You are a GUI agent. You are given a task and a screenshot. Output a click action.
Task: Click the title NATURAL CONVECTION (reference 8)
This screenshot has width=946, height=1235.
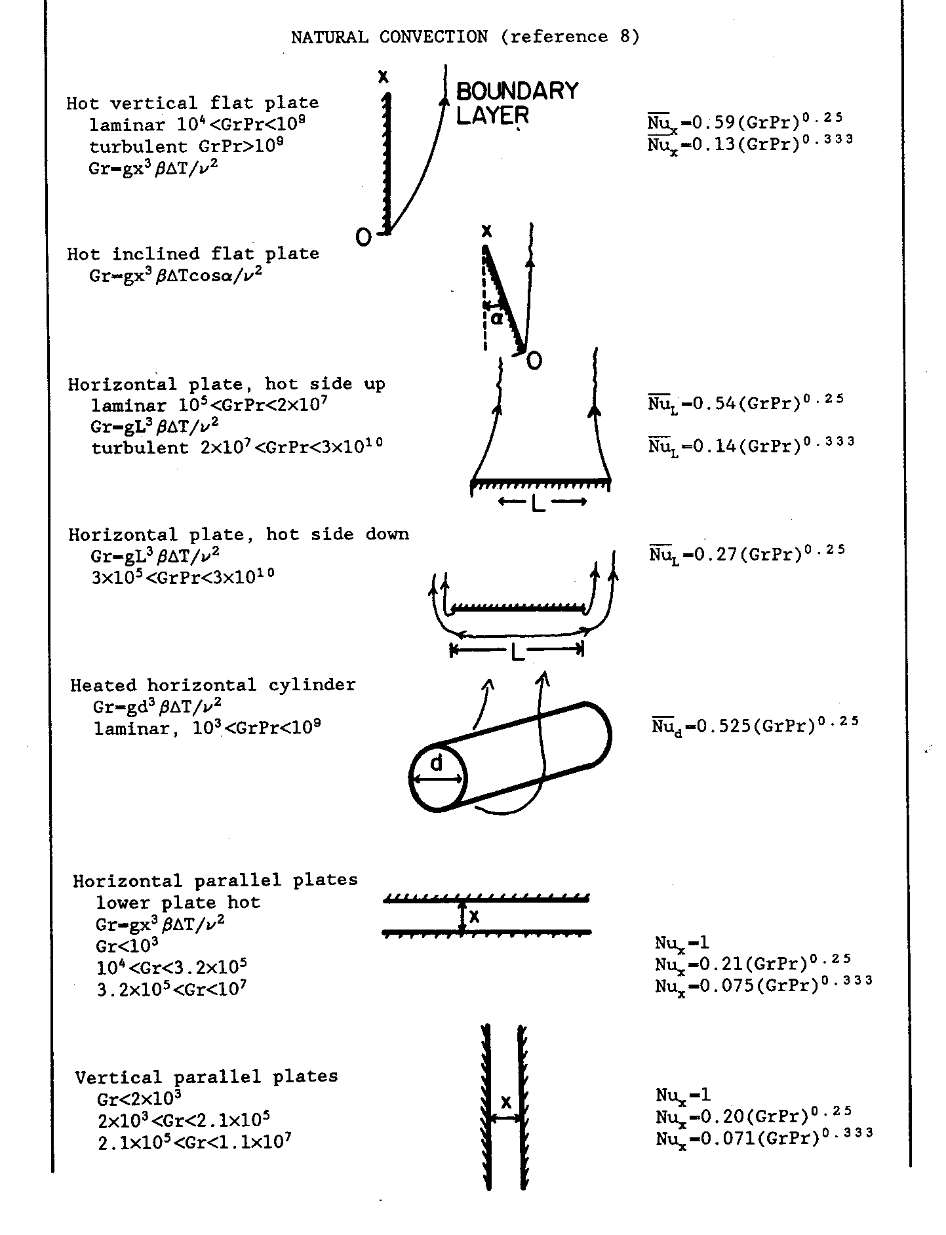[x=465, y=37]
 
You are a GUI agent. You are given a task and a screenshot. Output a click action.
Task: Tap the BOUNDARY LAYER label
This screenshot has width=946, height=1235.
[x=517, y=102]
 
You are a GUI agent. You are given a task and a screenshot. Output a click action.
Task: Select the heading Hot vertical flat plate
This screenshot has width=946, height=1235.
[x=193, y=103]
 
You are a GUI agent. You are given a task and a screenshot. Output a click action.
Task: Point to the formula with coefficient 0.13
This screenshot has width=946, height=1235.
[x=750, y=143]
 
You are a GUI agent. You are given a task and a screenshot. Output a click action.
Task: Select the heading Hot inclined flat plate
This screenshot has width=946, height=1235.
[x=193, y=254]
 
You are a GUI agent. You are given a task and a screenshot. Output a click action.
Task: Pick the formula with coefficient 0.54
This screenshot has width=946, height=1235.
[x=745, y=402]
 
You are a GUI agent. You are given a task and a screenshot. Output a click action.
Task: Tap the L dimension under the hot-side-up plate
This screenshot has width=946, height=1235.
[x=540, y=503]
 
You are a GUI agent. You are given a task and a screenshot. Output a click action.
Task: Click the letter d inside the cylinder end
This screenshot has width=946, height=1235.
[x=437, y=762]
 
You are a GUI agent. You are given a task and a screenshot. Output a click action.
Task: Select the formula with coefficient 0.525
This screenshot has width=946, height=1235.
[x=755, y=726]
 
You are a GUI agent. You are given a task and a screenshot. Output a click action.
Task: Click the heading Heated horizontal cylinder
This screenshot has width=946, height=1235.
[x=213, y=685]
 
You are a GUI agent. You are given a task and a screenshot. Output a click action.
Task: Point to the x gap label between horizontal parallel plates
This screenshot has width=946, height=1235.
[x=475, y=916]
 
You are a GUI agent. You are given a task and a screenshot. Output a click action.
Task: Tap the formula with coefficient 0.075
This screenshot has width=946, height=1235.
[x=763, y=985]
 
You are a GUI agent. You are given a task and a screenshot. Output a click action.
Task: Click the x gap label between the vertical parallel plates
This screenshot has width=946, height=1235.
[x=505, y=1103]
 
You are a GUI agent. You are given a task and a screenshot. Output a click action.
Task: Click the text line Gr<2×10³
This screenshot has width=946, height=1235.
[x=139, y=1098]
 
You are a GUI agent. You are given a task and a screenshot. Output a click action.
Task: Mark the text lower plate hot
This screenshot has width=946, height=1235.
[x=178, y=903]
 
